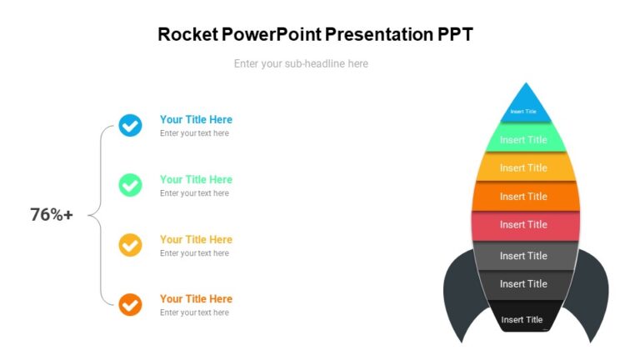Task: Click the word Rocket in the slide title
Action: point(188,34)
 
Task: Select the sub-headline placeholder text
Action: point(301,63)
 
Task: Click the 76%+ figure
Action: point(52,215)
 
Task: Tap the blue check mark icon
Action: point(130,126)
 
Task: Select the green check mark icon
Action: point(130,185)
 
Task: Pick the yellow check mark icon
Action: point(130,245)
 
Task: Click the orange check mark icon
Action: point(130,304)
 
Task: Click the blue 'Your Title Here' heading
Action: point(196,120)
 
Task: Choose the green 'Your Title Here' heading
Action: point(196,179)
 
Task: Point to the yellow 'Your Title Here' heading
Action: point(196,239)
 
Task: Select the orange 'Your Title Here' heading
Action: point(196,298)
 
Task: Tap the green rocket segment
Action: point(524,139)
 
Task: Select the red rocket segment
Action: point(524,225)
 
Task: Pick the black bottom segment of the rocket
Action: point(522,319)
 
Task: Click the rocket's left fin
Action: point(458,296)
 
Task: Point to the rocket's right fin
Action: point(592,296)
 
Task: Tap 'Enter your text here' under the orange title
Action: point(194,312)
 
